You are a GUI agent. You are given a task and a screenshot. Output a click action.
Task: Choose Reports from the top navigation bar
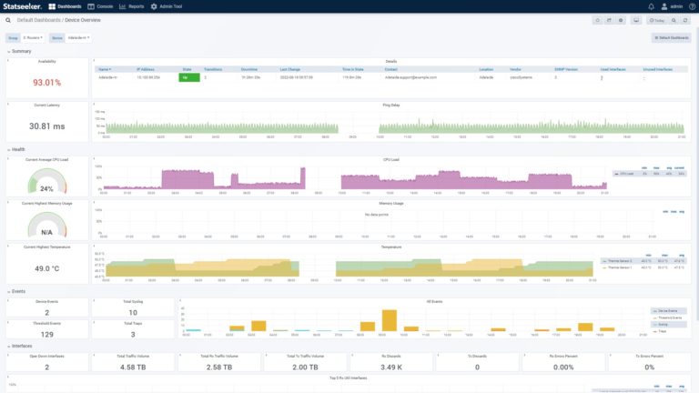(x=132, y=5)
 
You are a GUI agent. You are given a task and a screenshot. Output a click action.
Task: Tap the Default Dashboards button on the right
(x=671, y=37)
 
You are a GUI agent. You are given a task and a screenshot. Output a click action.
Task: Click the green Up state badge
(x=188, y=77)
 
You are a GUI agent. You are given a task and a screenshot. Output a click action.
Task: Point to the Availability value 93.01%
(x=46, y=83)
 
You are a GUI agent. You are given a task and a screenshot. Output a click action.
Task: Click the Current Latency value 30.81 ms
(x=46, y=126)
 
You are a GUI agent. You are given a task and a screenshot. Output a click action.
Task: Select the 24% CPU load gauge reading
(x=46, y=188)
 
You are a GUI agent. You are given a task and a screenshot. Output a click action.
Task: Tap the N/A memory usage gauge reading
(x=46, y=231)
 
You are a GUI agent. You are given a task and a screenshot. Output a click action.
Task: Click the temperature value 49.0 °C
(x=46, y=268)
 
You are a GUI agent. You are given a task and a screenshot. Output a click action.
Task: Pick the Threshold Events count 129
(x=46, y=335)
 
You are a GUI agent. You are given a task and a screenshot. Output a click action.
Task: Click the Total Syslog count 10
(x=133, y=312)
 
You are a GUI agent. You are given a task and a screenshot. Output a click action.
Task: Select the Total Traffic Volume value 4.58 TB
(x=133, y=367)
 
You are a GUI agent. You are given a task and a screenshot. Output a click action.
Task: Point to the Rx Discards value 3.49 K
(x=391, y=367)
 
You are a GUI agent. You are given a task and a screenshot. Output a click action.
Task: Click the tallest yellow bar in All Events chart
(x=390, y=319)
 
